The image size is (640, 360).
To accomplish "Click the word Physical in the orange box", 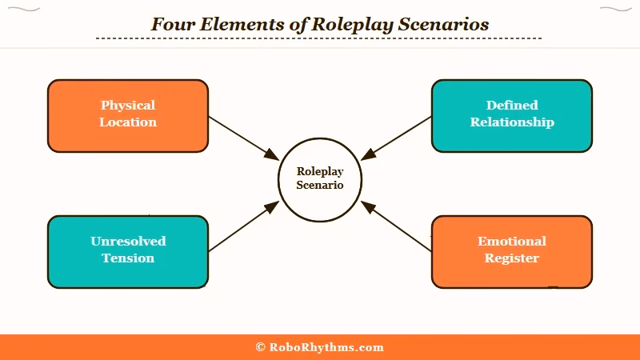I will [128, 105].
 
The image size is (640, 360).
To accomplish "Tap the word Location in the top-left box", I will [128, 122].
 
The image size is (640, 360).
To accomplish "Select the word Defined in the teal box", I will [512, 105].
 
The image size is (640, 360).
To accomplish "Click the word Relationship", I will [512, 122].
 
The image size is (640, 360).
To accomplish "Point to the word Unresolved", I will [128, 241].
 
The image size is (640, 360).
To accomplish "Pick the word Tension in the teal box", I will [128, 258].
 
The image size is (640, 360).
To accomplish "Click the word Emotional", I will [512, 241].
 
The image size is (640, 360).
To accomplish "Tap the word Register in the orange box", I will [512, 258].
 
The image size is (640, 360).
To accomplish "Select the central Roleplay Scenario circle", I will [320, 178].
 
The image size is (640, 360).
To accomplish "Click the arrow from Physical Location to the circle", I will [243, 137].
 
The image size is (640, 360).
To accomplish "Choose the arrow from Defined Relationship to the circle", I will [396, 138].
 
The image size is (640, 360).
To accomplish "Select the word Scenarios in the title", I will [447, 24].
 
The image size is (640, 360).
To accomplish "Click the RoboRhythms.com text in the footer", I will [326, 347].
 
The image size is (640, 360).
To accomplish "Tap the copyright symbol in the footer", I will [260, 347].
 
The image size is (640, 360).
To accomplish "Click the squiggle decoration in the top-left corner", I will [28, 10].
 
